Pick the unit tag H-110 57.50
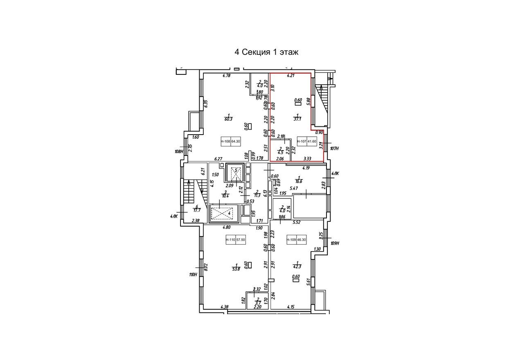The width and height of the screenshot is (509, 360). [235, 240]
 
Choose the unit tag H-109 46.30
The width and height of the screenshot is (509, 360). [296, 240]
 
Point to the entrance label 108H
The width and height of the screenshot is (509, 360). [179, 151]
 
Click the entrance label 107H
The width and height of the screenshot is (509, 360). [334, 148]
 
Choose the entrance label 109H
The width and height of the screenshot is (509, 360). [335, 243]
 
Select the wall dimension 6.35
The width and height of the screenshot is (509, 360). [207, 104]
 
